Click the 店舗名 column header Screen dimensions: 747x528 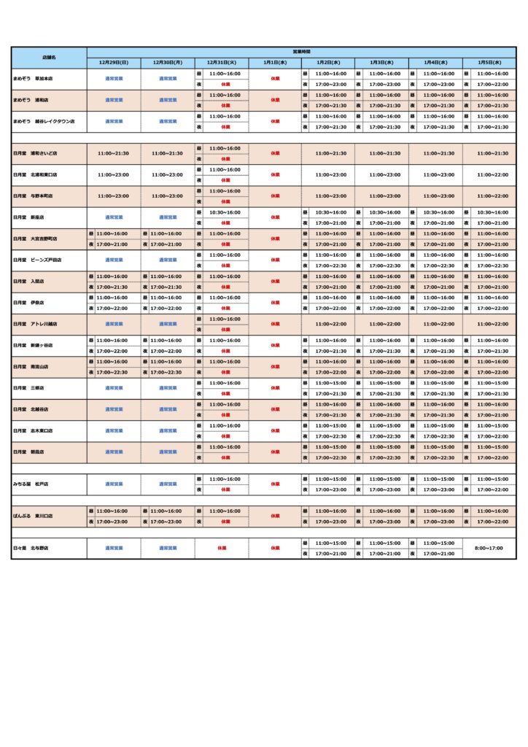[49, 57]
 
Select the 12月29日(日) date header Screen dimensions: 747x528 [114, 63]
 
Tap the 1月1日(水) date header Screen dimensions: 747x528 [275, 63]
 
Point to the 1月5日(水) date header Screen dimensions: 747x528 [490, 63]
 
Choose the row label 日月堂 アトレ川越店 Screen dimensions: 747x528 [36, 324]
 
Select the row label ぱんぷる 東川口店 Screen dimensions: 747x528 [34, 516]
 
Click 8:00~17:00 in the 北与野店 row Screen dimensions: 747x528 [490, 548]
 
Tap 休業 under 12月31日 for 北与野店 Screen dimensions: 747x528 [222, 548]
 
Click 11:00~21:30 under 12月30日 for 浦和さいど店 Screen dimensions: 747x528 [168, 154]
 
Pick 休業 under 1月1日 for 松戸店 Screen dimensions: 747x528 [275, 484]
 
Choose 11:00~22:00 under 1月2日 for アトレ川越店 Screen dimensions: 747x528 [329, 324]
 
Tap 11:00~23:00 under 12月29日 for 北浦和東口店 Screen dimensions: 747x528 [114, 175]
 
